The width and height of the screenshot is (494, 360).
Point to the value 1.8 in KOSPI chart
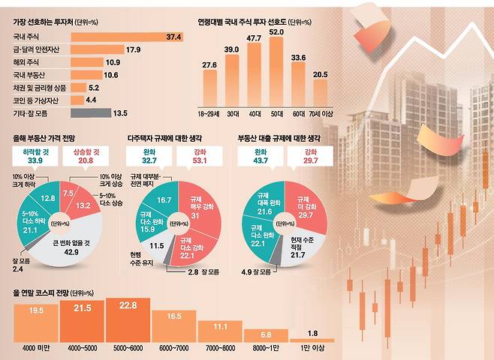tap(313, 333)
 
